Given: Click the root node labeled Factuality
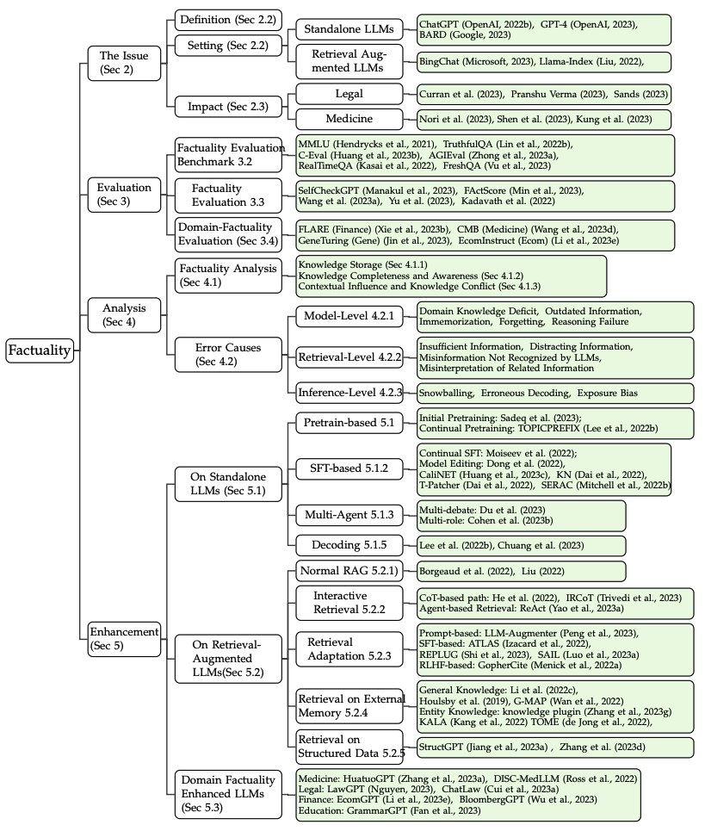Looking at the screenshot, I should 40,349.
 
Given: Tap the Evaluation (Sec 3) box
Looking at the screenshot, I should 123,195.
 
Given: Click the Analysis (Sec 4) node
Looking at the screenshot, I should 123,315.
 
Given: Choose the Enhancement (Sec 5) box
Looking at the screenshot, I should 125,638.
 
